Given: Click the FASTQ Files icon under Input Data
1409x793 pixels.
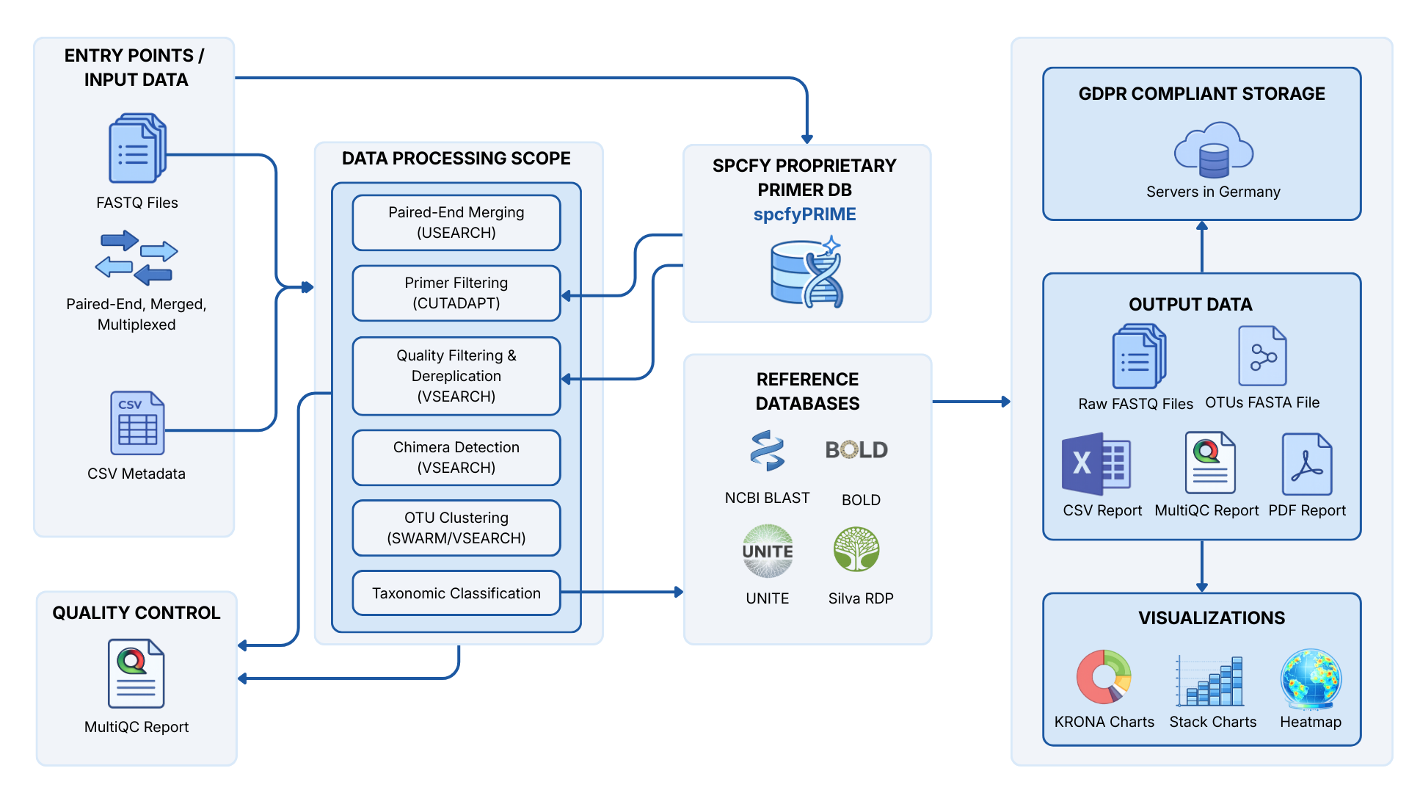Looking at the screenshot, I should [x=137, y=148].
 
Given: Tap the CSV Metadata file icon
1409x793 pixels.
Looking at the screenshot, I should [x=137, y=423].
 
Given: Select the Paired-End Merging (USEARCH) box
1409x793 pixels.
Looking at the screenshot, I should [x=456, y=222].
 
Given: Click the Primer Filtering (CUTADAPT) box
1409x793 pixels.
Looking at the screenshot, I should [x=456, y=293].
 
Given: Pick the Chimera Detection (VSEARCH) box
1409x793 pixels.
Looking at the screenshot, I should [x=456, y=457].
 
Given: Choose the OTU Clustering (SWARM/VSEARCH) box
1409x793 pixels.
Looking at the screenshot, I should [x=456, y=528].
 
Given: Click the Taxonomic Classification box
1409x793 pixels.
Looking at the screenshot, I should [x=456, y=593].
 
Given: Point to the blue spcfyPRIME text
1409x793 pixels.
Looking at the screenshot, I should [x=804, y=214].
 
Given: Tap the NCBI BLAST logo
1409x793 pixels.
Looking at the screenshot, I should [x=767, y=450].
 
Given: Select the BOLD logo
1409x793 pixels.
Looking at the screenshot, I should [x=856, y=449].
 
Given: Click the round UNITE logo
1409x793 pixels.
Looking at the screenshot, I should [x=768, y=551].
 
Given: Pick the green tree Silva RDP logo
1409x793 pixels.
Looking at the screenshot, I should [x=856, y=549].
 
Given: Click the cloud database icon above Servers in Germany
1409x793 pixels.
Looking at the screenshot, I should [x=1213, y=151].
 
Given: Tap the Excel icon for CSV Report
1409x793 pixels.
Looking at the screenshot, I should [x=1096, y=464].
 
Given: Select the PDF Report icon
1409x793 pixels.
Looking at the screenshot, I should [x=1307, y=464].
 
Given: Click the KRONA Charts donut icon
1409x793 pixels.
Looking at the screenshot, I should [x=1104, y=676].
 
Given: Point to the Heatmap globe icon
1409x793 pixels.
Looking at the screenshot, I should [x=1311, y=678].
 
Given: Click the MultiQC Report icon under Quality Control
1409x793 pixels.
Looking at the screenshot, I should [x=136, y=673].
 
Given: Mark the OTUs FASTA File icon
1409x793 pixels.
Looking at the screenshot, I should [x=1262, y=356].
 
